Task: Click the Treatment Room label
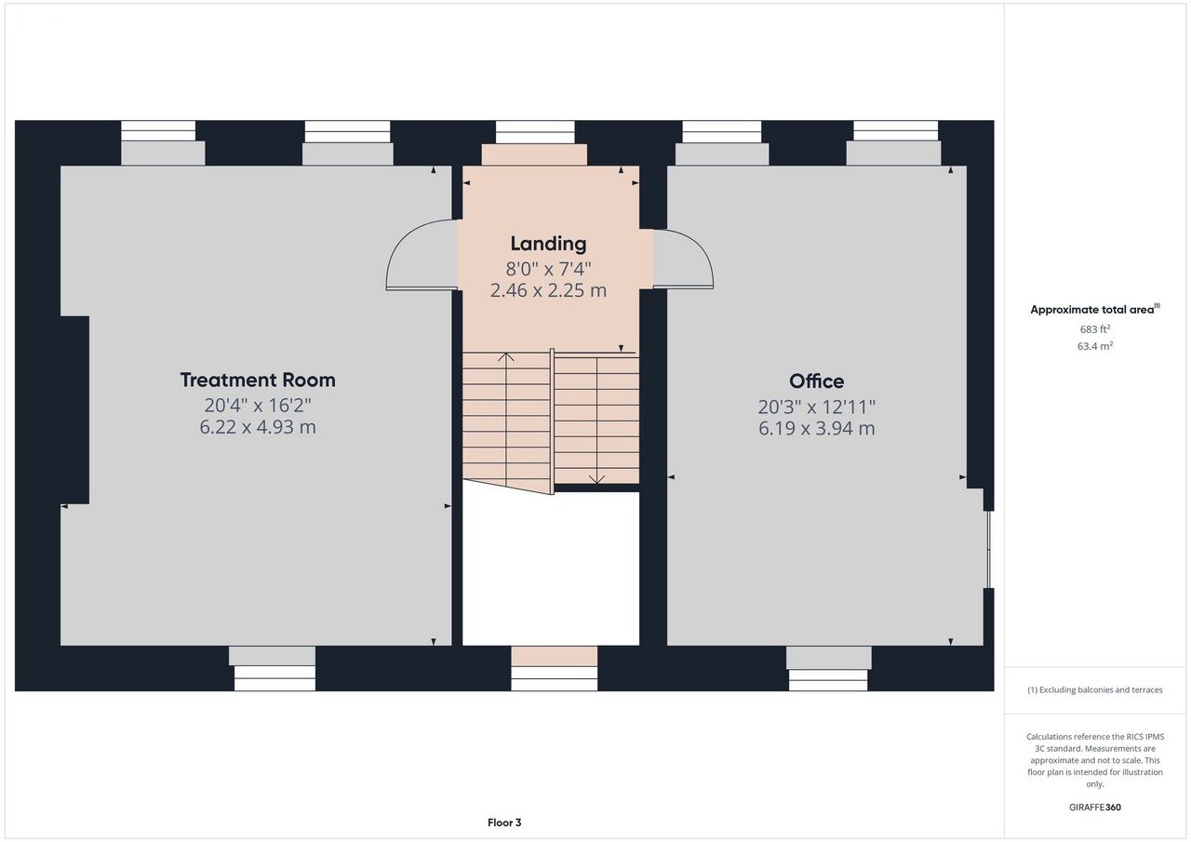coord(258,381)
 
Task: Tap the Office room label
coord(816,381)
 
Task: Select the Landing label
coord(548,244)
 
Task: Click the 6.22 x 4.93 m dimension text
coord(258,427)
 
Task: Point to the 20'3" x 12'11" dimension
coord(817,408)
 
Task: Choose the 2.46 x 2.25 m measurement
coord(548,290)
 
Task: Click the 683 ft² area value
coord(1095,329)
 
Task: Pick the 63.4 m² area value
coord(1095,346)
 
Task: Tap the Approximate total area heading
coord(1095,310)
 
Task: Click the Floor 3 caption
coord(504,822)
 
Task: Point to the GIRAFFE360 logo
coord(1095,807)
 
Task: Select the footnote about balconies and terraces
coord(1095,690)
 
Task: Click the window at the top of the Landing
coord(535,132)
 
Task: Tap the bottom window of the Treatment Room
coord(274,678)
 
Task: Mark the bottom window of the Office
coord(828,680)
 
